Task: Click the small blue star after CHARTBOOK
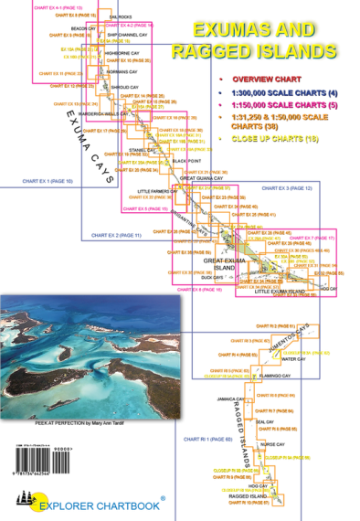point(163,496)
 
